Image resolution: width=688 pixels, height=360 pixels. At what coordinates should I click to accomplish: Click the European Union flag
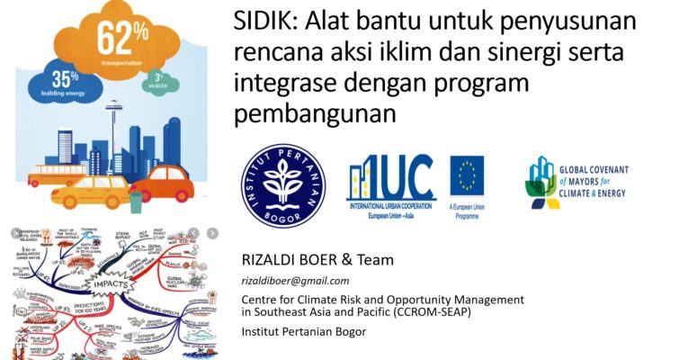tap(467, 175)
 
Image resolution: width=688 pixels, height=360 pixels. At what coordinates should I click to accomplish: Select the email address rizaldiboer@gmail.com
tap(287, 280)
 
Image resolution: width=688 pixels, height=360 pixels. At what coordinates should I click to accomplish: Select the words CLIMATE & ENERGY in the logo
tap(612, 192)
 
